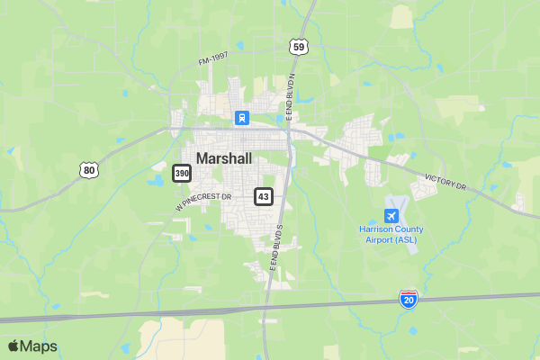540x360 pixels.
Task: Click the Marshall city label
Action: click(x=224, y=157)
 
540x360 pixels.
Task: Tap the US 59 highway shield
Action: click(x=299, y=47)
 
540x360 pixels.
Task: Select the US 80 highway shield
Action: click(x=87, y=169)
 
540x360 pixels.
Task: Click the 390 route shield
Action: click(x=182, y=172)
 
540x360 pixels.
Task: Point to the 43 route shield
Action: click(x=263, y=195)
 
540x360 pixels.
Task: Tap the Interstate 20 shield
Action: click(x=408, y=299)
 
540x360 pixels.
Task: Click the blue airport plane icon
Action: click(x=391, y=216)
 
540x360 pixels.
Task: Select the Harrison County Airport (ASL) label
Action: click(x=391, y=235)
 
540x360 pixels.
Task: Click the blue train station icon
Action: click(x=241, y=118)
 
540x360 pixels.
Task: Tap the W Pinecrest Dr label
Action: click(x=204, y=201)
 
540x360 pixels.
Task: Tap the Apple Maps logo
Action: click(x=32, y=346)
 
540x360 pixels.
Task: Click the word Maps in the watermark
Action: click(x=40, y=346)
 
